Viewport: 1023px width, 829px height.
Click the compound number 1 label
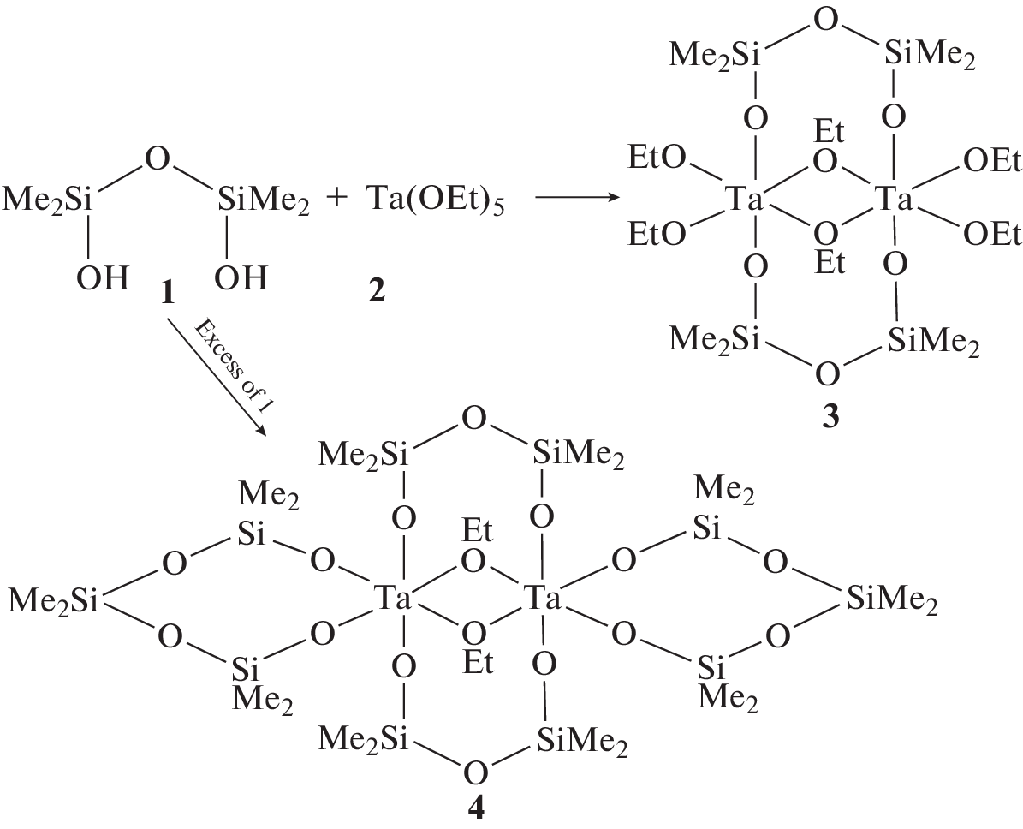point(168,291)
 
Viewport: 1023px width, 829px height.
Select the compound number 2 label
point(377,289)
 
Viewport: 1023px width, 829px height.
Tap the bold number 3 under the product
point(830,416)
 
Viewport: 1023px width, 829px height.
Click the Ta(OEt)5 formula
point(435,199)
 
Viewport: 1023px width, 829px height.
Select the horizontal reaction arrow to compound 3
point(576,196)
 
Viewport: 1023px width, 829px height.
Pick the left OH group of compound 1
point(102,278)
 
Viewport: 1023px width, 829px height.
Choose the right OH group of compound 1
point(241,278)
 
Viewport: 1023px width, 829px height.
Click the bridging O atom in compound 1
point(158,160)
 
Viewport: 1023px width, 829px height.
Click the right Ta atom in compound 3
point(893,199)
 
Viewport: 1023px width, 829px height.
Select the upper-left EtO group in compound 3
point(657,158)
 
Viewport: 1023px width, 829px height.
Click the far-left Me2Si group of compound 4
point(53,600)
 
